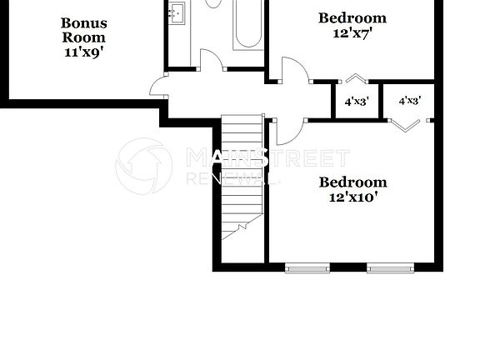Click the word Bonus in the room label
click(x=84, y=22)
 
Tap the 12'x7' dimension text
click(x=352, y=32)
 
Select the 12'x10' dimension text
click(x=353, y=197)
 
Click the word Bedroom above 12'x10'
click(x=353, y=182)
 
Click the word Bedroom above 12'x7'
click(x=352, y=17)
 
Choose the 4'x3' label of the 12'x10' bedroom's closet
click(x=409, y=101)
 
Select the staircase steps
click(x=242, y=175)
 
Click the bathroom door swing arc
click(x=211, y=60)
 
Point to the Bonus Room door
click(x=158, y=86)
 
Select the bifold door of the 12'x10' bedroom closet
click(x=407, y=125)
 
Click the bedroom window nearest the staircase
click(x=307, y=267)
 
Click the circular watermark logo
click(x=143, y=166)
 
